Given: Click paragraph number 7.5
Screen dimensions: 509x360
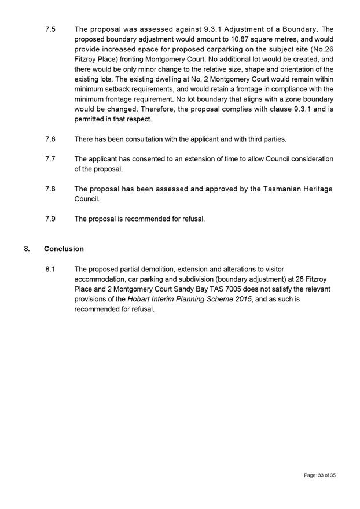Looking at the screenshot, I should [x=50, y=29].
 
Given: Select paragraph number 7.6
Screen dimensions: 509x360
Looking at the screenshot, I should [x=50, y=139].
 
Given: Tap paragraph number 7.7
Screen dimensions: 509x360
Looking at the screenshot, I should [x=50, y=158].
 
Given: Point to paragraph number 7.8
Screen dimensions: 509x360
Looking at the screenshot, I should [x=50, y=189].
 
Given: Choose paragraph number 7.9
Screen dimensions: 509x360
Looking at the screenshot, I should [x=50, y=219].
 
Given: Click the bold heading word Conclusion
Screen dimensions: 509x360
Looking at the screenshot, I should [x=64, y=249].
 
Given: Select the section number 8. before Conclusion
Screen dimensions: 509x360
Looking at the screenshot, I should [x=27, y=249].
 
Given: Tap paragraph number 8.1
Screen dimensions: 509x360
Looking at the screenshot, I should [x=50, y=269].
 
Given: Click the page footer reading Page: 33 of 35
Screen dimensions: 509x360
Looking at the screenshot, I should [x=319, y=475].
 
